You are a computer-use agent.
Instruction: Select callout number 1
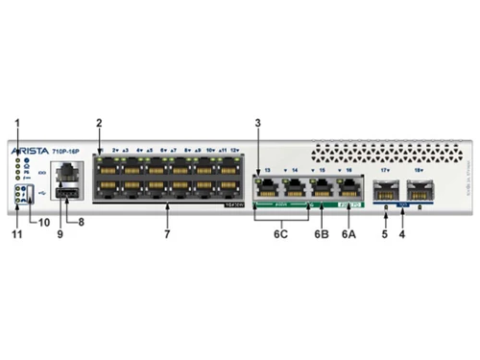tap(16, 121)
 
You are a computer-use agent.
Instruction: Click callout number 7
tap(166, 232)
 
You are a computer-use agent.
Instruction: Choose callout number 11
tap(14, 232)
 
